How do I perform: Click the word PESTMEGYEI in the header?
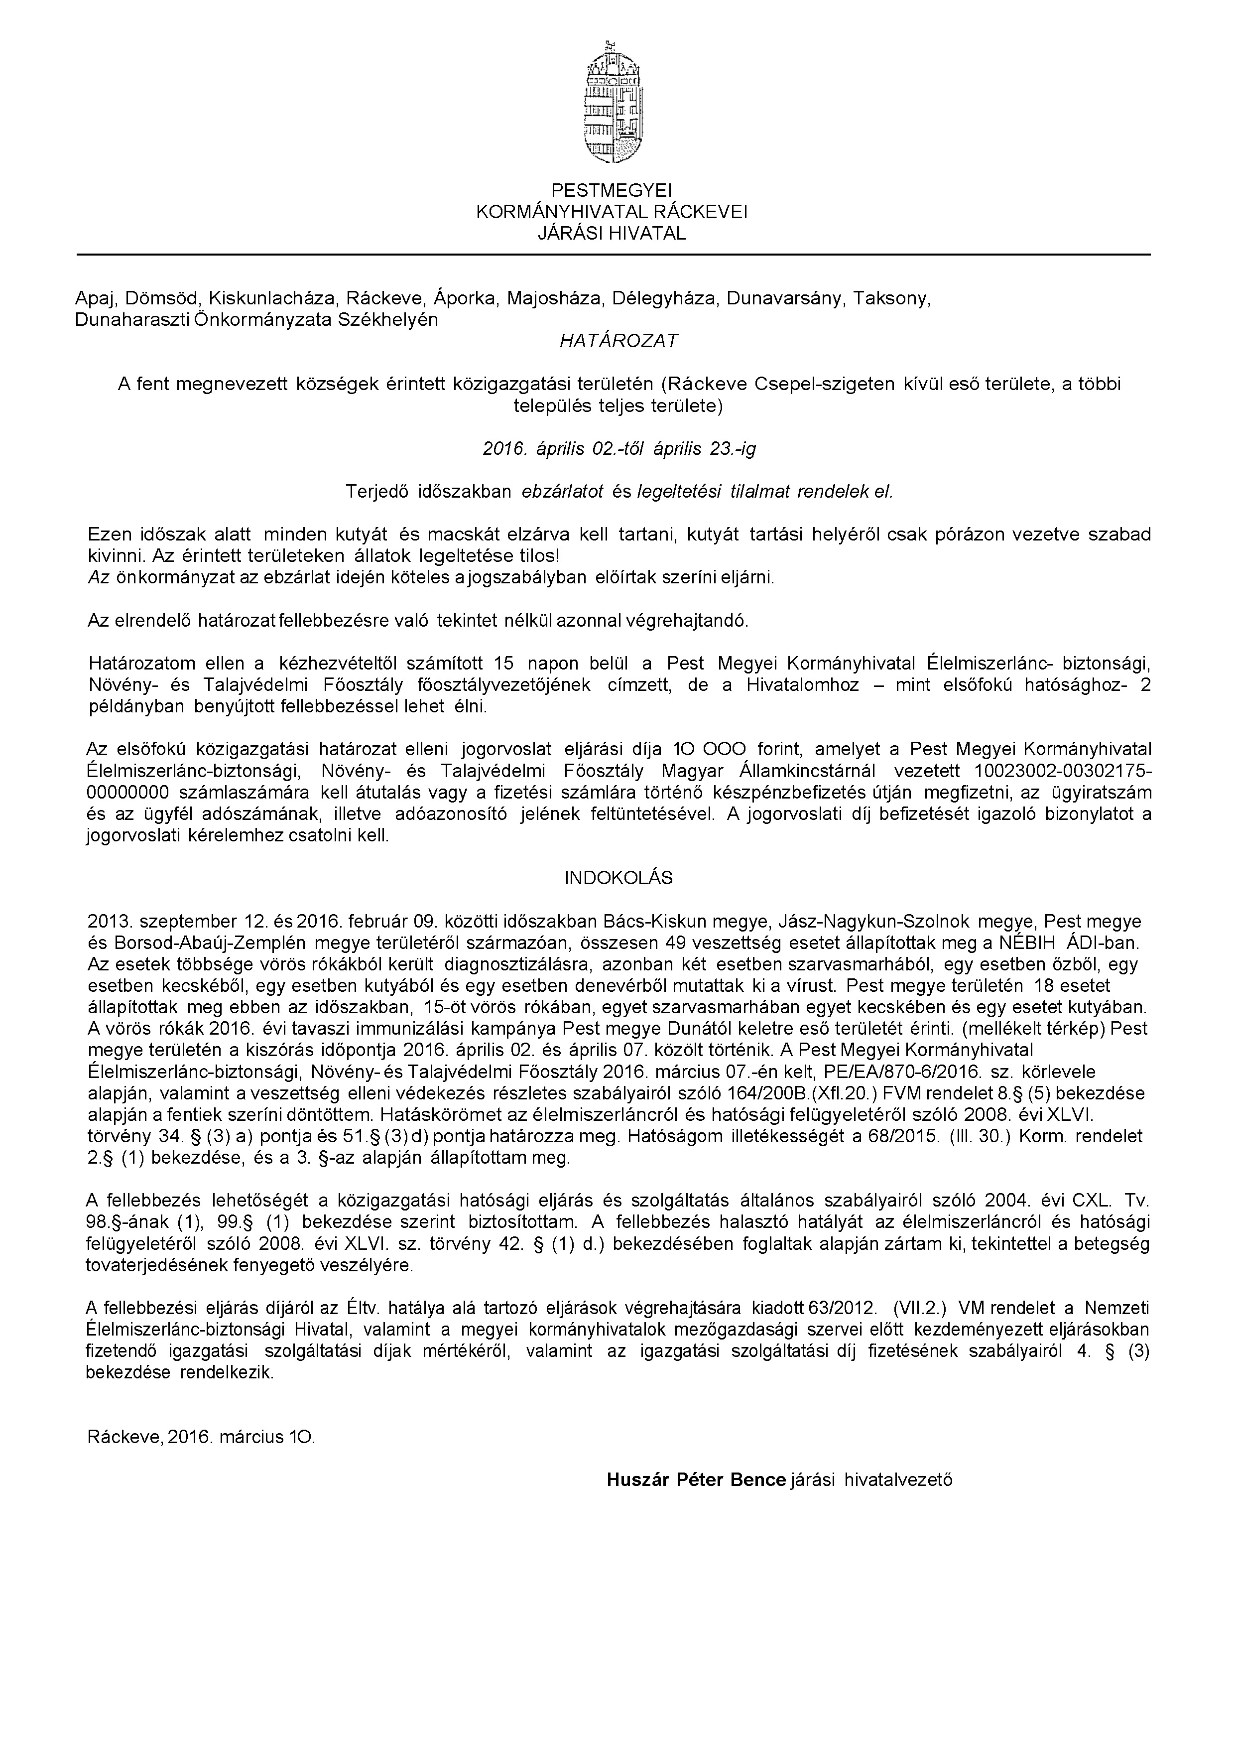tap(612, 190)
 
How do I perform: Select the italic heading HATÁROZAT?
tap(618, 342)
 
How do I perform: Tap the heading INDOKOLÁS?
tap(618, 878)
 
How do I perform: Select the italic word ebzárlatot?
tap(562, 491)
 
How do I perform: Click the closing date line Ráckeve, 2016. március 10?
tap(201, 1415)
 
